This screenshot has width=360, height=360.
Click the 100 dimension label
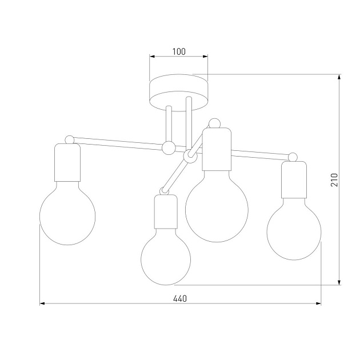[179, 51]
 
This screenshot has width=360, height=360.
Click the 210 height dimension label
[334, 180]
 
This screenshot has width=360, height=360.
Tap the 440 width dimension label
[180, 298]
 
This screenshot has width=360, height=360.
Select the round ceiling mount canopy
[179, 93]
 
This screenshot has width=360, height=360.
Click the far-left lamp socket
[67, 162]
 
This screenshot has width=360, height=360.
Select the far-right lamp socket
[294, 180]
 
